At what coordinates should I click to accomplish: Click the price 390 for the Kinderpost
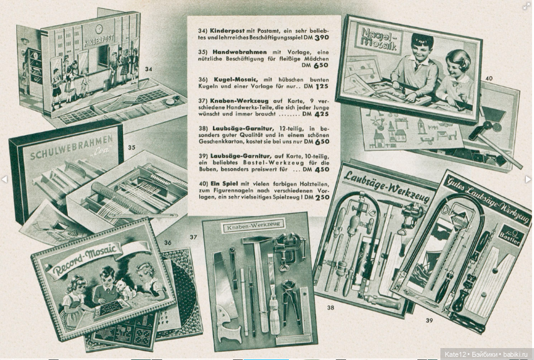[x=322, y=38]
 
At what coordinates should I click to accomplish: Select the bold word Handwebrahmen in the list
[x=239, y=52]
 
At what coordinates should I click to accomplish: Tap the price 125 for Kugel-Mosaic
[x=322, y=87]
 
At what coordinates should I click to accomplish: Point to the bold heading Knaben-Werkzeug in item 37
[x=239, y=101]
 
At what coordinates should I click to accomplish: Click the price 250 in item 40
[x=322, y=197]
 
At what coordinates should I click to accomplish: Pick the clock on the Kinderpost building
[x=99, y=29]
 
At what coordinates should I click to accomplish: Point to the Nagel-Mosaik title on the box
[x=378, y=38]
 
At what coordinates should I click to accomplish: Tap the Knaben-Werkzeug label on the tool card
[x=253, y=226]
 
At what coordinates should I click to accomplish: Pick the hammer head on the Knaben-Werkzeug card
[x=256, y=240]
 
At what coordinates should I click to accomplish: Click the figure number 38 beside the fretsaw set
[x=330, y=308]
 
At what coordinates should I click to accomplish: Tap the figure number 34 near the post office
[x=148, y=69]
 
